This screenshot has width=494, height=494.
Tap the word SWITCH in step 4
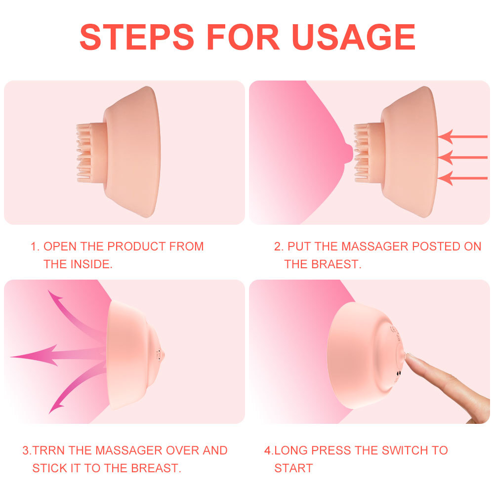(394, 451)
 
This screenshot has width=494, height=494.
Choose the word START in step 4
(293, 468)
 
